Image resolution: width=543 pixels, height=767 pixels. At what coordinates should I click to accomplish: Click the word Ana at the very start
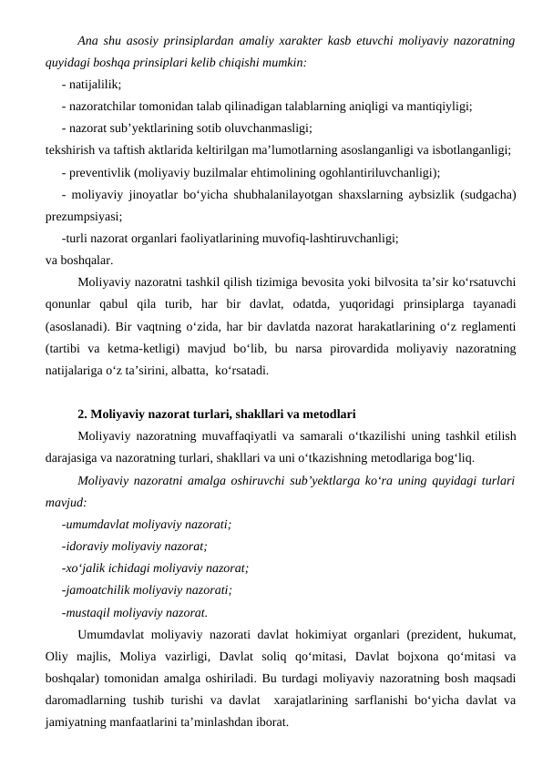(x=88, y=41)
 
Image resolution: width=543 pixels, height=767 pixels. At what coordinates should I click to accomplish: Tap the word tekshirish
(x=73, y=149)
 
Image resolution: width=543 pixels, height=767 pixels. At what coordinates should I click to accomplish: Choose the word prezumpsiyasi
(x=83, y=216)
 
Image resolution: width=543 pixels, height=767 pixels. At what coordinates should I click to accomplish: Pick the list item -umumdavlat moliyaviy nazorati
(x=146, y=525)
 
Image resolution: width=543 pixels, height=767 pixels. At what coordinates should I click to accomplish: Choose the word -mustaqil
(x=88, y=613)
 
